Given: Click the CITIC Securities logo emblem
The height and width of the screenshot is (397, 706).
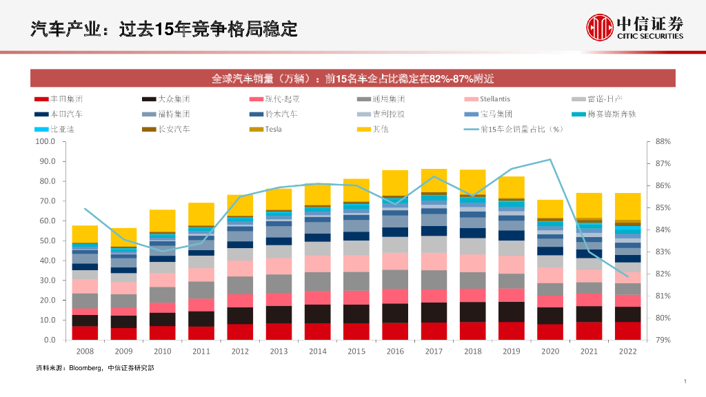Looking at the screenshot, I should point(599,27).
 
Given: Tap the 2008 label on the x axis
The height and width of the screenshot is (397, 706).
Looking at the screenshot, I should point(85,352).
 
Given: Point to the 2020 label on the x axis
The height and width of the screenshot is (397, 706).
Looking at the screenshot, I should point(549,352).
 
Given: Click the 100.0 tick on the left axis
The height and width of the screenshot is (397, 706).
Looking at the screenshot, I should point(45,142).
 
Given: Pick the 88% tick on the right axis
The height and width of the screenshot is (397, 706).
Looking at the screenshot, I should point(663,142).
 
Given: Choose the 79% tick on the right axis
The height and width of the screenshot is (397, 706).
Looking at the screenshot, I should point(663,340).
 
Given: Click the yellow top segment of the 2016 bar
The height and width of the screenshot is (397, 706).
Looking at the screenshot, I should point(395,183).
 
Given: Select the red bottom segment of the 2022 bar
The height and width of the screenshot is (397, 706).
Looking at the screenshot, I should point(627,331).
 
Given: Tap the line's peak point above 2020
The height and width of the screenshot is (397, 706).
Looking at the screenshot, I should point(549,160).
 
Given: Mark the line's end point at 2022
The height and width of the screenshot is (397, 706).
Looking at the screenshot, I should point(627,276).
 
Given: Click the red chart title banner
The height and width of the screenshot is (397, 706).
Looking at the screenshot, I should point(352,78).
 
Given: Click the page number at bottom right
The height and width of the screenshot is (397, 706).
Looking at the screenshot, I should point(685,381).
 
